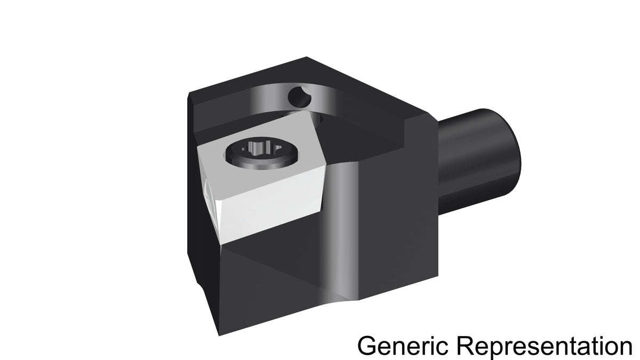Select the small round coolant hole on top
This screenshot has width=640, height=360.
tap(299, 98)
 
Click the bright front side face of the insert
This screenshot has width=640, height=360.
tap(271, 206)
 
